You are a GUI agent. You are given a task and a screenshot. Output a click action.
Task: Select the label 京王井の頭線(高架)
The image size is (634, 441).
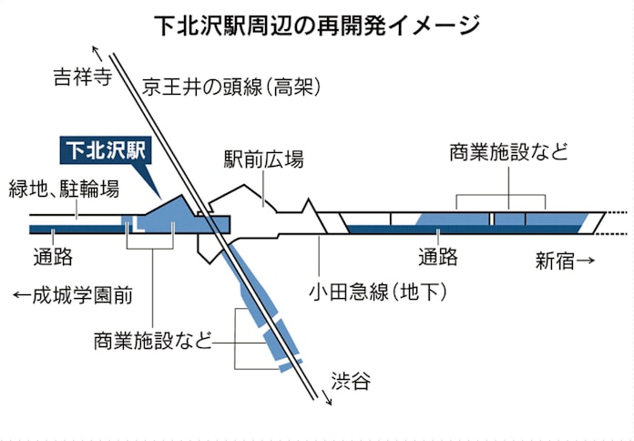[233, 87]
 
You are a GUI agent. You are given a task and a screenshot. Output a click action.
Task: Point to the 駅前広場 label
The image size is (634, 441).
[263, 160]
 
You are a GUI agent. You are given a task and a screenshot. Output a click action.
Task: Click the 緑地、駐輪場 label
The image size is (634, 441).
[64, 190]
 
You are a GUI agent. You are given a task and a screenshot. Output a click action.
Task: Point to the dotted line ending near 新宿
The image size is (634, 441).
[618, 220]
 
